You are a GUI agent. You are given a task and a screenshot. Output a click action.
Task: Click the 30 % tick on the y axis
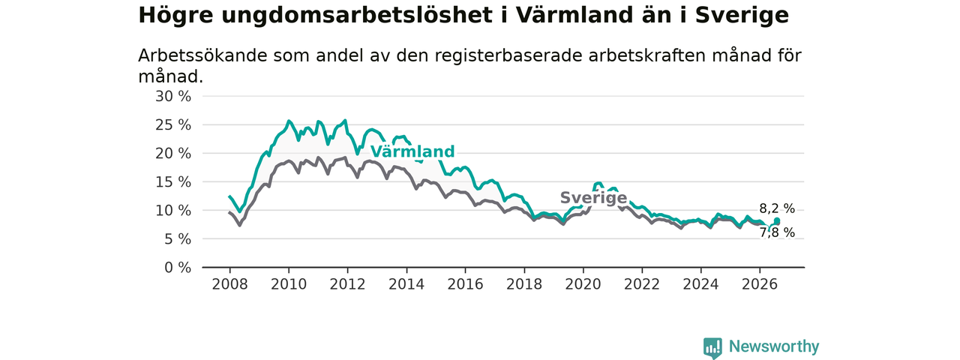[x=173, y=97]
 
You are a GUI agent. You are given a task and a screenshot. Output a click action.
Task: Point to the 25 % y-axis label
[x=173, y=125]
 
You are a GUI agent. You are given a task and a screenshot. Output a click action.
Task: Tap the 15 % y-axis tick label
[x=173, y=182]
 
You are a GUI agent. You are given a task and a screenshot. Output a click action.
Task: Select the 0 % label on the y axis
[x=178, y=268]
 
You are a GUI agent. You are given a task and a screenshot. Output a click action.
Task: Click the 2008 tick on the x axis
[x=229, y=284]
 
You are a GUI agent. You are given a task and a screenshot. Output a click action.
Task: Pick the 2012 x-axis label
[x=347, y=284]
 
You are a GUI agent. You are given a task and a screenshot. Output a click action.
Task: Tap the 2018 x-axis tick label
[x=524, y=284]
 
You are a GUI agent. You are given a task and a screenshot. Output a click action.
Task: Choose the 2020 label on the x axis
[x=583, y=284]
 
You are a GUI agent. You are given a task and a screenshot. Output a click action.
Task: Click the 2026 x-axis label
[x=760, y=284]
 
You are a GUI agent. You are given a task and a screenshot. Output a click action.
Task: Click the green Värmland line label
[x=412, y=151]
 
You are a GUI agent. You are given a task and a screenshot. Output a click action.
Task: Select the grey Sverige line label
[x=593, y=198]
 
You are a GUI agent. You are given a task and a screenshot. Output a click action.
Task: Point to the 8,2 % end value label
[x=777, y=208]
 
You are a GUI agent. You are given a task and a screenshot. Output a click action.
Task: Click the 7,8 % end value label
[x=777, y=232]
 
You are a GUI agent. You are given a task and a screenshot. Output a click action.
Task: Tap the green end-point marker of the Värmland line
[x=777, y=221]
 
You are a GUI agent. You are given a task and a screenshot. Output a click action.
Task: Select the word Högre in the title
[x=175, y=16]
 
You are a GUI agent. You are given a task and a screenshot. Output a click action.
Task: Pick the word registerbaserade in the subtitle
[x=508, y=55]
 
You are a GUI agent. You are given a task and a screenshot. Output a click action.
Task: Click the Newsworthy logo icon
[x=712, y=347]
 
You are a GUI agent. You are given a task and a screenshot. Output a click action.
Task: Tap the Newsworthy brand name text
[x=774, y=346]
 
